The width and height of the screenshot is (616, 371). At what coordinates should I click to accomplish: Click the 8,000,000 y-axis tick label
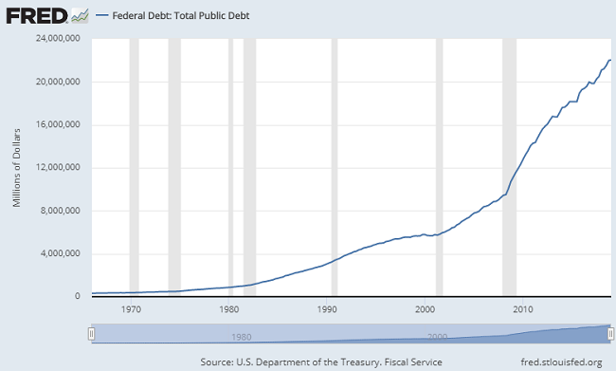(62, 211)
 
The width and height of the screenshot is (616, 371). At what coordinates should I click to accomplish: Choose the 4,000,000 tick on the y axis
(62, 254)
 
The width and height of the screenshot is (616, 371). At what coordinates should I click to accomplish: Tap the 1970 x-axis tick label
(131, 309)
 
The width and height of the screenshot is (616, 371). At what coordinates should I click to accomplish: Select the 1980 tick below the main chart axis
(228, 309)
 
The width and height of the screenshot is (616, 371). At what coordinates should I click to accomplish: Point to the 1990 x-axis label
(327, 309)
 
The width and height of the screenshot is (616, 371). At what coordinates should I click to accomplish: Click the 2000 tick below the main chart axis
(425, 309)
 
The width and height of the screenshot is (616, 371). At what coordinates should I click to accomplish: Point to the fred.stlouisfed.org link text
(555, 362)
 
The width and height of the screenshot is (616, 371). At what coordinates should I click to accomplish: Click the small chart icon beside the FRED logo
(81, 15)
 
